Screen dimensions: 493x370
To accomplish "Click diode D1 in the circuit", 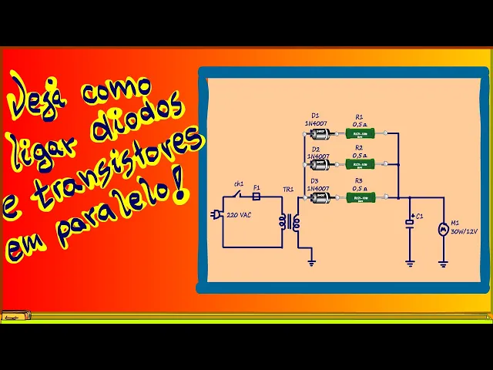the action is point(319,135).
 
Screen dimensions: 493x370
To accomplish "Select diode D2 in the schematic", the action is point(319,164).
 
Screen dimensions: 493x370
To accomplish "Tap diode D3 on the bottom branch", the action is point(319,198).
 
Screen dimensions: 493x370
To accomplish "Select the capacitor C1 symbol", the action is point(410,223).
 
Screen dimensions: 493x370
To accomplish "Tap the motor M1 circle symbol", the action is point(443,228).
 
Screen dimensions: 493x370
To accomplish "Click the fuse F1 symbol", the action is point(257,197).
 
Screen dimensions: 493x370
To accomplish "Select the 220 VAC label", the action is point(239,214).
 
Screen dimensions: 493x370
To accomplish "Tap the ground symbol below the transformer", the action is point(311,263).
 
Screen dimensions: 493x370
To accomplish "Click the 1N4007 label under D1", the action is point(317,123).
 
